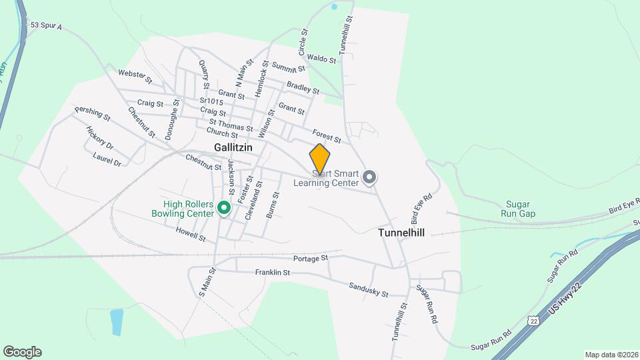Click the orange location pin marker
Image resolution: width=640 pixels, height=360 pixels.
click(320, 159)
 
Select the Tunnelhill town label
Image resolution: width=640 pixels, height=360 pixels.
click(401, 233)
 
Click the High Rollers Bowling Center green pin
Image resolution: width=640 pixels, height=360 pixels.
click(225, 209)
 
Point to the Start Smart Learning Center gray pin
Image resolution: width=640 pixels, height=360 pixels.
click(370, 177)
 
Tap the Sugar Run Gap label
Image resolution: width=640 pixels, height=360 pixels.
click(518, 209)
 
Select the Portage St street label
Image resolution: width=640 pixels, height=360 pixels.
click(311, 257)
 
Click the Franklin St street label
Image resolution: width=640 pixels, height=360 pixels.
click(273, 272)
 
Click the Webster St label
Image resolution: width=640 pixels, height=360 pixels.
click(135, 76)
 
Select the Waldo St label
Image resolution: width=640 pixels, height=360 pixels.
click(323, 59)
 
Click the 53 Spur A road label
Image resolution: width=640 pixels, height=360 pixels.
click(45, 25)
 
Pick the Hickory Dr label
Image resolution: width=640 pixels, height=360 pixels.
click(100, 137)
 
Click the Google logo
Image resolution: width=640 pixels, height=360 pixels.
click(22, 352)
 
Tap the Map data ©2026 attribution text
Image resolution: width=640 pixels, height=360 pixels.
click(611, 355)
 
